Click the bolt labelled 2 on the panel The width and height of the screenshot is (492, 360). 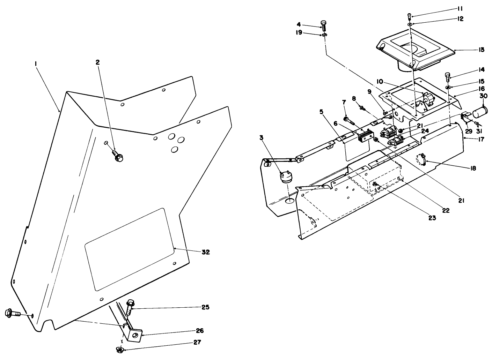pyautogui.click(x=118, y=156)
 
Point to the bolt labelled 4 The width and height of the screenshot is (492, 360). pyautogui.click(x=323, y=26)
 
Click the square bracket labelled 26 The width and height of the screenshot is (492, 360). pyautogui.click(x=135, y=335)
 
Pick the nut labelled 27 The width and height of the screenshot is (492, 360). pyautogui.click(x=120, y=349)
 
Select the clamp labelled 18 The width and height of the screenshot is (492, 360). pyautogui.click(x=421, y=160)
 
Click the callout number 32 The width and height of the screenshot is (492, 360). pyautogui.click(x=206, y=252)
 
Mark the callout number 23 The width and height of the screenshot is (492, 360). pyautogui.click(x=432, y=218)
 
